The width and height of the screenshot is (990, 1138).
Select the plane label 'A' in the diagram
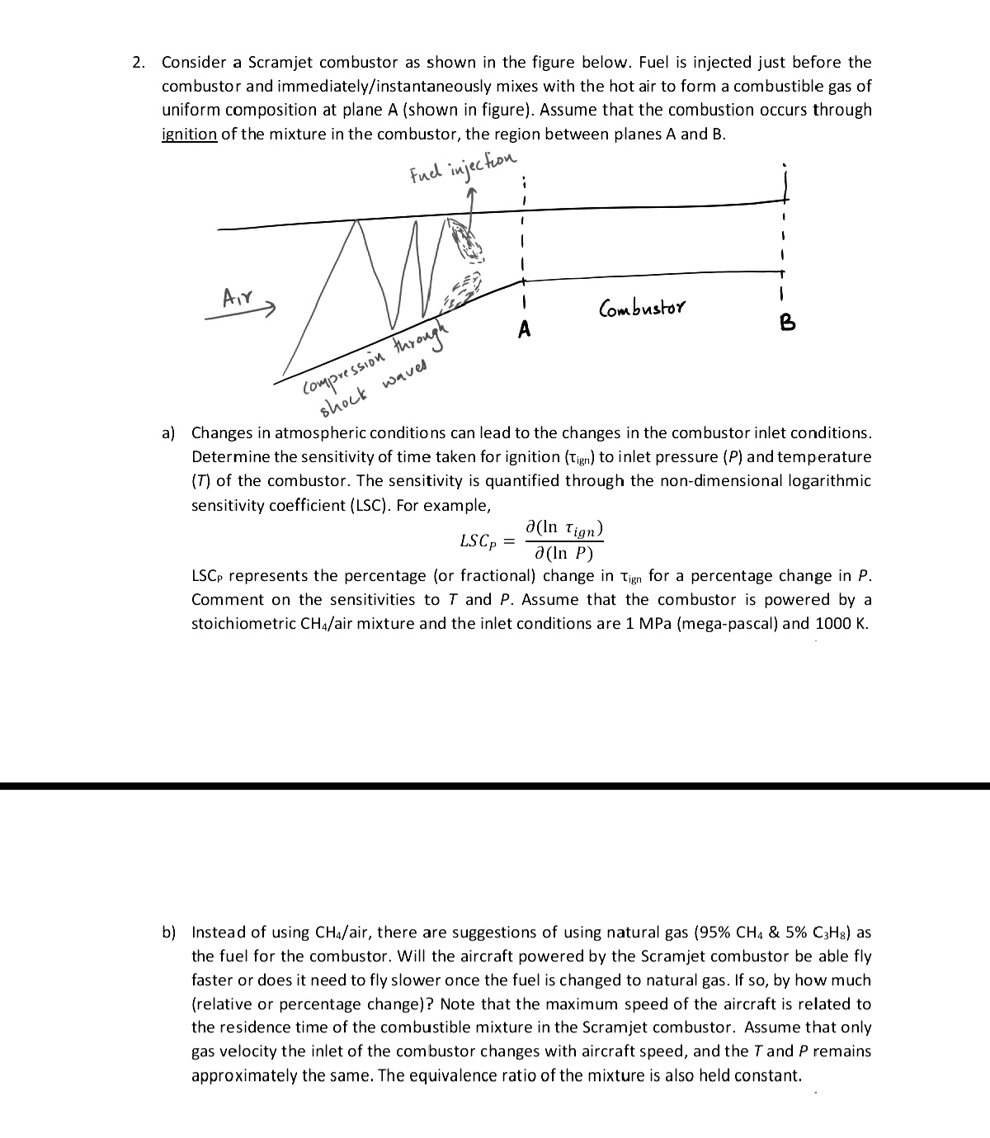pos(523,330)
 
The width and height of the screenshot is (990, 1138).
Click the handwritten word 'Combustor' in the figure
pos(642,309)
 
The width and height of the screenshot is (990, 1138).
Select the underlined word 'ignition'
pos(189,135)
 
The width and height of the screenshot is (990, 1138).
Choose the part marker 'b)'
pos(169,933)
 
